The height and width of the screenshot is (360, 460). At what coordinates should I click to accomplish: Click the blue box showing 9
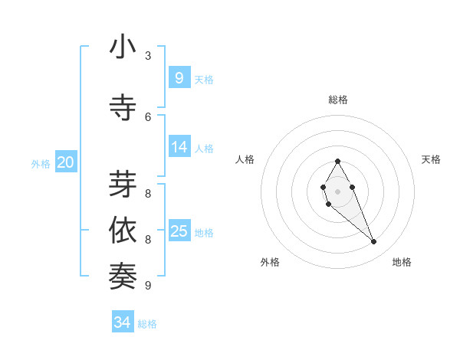point(179,77)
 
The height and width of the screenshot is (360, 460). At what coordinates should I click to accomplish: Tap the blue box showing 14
point(179,147)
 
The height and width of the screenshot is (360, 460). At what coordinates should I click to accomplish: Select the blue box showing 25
point(179,231)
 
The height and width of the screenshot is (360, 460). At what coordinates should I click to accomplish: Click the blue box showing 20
point(66,162)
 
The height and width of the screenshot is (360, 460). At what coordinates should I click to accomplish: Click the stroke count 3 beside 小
point(148,55)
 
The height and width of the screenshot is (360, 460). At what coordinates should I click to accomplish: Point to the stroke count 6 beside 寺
point(148,116)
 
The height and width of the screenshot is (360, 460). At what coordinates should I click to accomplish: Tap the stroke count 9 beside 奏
point(148,286)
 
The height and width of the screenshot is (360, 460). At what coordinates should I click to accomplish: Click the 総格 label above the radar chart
point(337,100)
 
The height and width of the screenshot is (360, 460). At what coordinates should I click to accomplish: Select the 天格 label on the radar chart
point(431,159)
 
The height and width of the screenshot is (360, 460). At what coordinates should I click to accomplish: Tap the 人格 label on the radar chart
point(245,159)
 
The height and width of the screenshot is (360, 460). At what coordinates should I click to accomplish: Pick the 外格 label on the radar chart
point(269,262)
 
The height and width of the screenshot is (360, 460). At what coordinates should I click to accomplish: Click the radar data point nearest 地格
point(374,242)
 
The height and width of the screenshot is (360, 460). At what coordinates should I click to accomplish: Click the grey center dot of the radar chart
point(337,191)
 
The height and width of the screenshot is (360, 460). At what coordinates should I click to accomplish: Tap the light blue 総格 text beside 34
point(147,324)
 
